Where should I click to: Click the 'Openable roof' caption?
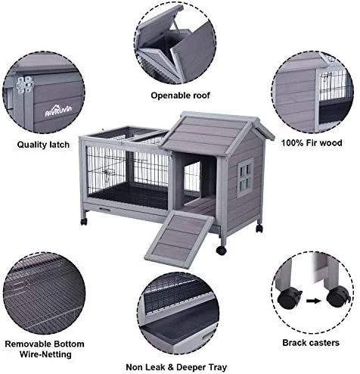point(179,96)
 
